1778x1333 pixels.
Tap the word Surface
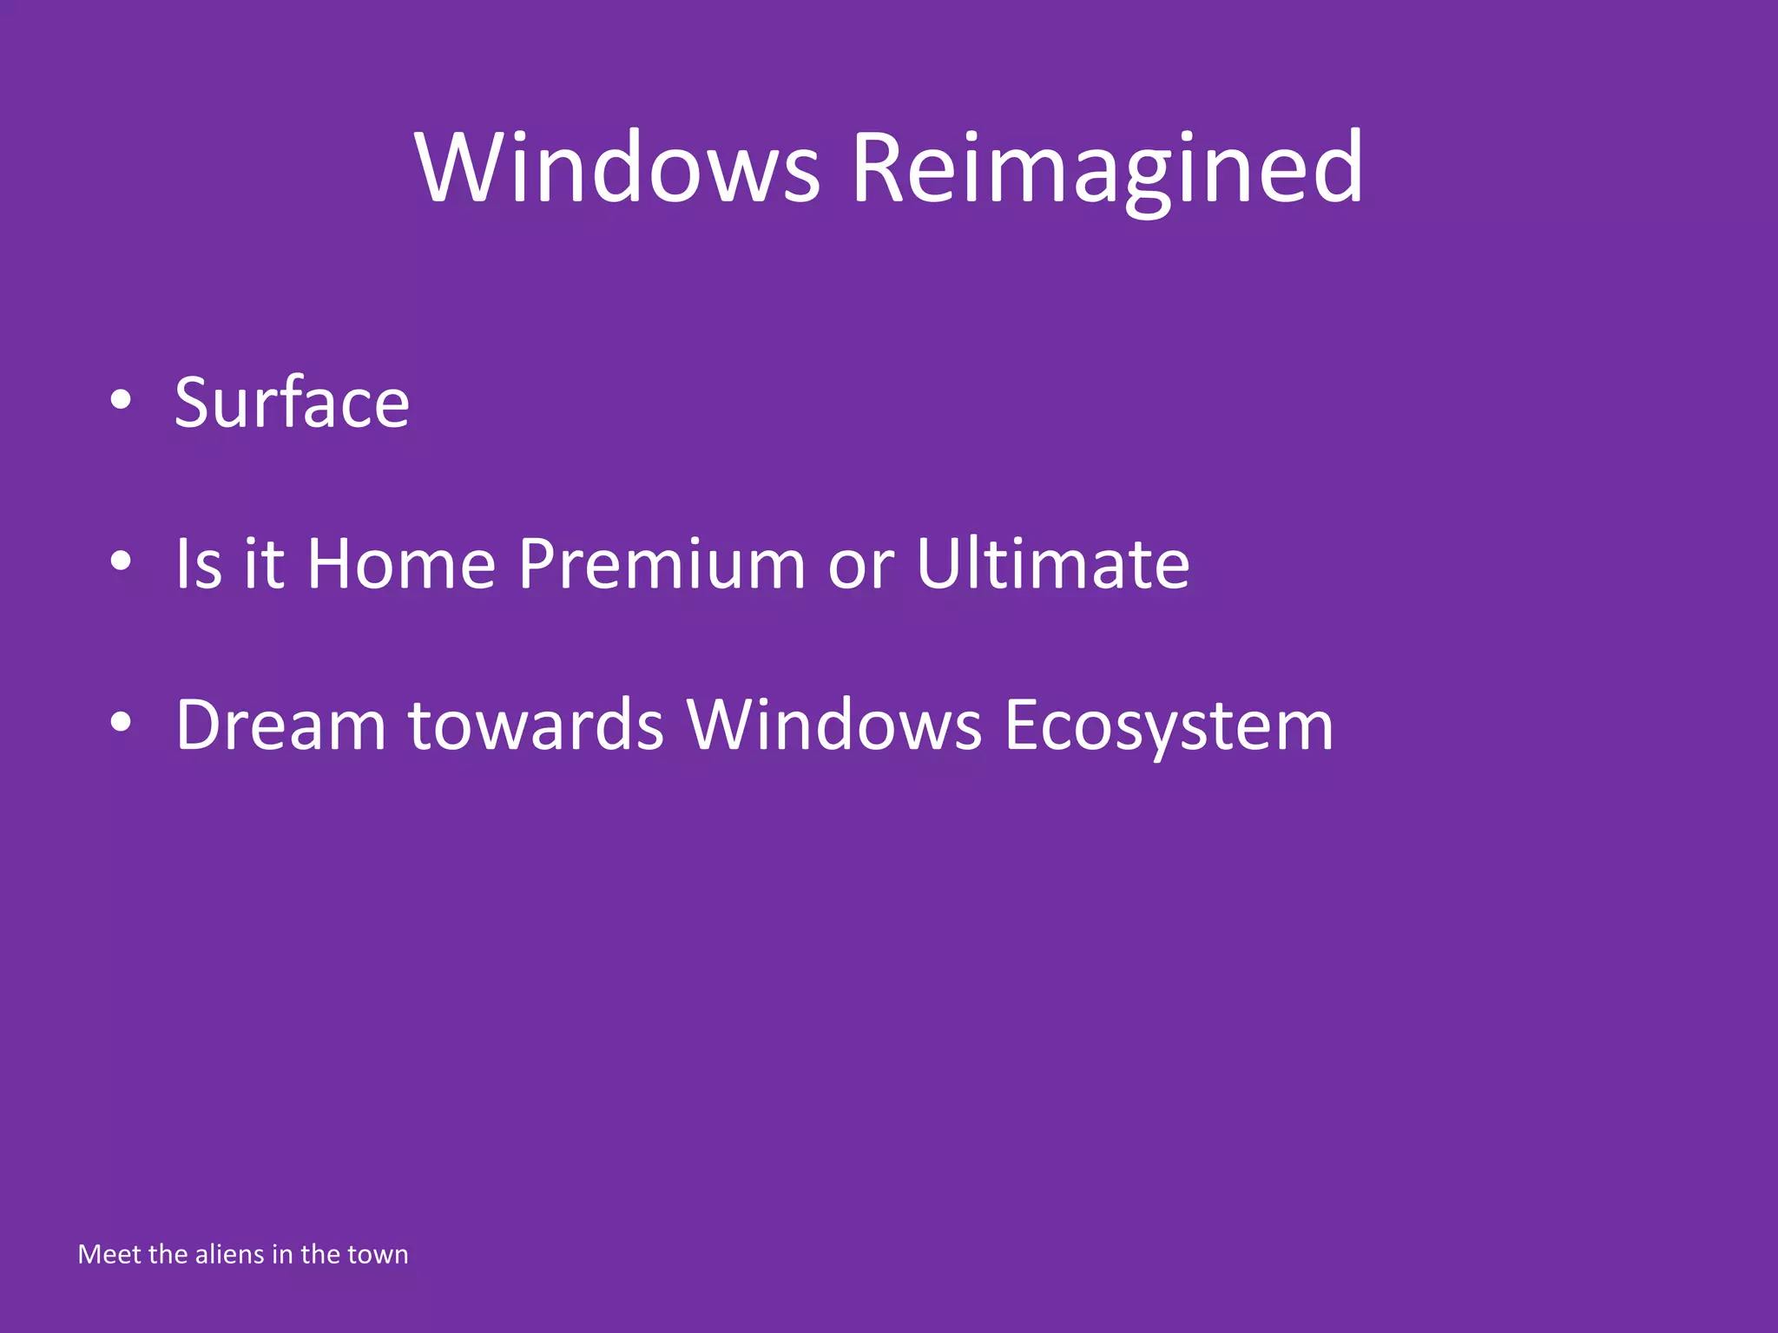click(x=292, y=403)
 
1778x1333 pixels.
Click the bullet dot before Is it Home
click(x=121, y=561)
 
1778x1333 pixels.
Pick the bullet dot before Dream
click(x=121, y=722)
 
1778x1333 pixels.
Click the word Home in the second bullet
click(x=401, y=564)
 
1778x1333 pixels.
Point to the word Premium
click(x=662, y=564)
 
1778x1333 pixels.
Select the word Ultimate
click(x=1052, y=564)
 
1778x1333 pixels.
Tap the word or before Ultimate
click(x=860, y=569)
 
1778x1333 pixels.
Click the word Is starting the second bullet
click(x=199, y=564)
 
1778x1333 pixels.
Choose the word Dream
click(x=280, y=725)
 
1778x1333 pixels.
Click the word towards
click(x=536, y=725)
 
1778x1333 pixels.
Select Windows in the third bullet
click(x=833, y=725)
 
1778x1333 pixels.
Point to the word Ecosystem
click(x=1169, y=726)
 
